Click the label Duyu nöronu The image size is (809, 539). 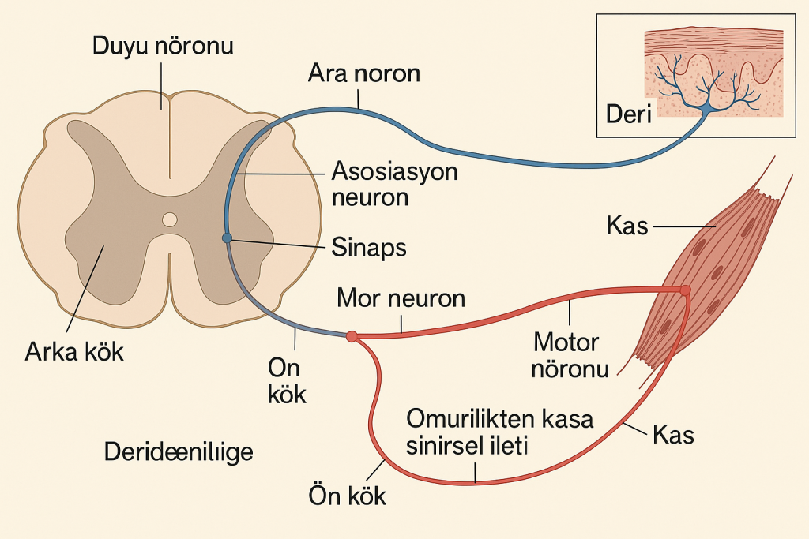pos(163,46)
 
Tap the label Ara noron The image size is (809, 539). pos(364,75)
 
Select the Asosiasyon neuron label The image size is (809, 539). pos(394,183)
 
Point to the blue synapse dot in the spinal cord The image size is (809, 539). pos(227,238)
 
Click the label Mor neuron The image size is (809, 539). pos(401,298)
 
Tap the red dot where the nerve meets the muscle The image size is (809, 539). pos(685,290)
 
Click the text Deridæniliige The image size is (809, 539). pos(179,452)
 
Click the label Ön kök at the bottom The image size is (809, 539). pos(347,496)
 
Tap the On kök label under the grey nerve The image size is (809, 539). pos(286,381)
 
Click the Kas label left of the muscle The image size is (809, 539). pos(627,227)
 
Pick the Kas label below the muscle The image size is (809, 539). pos(673,434)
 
